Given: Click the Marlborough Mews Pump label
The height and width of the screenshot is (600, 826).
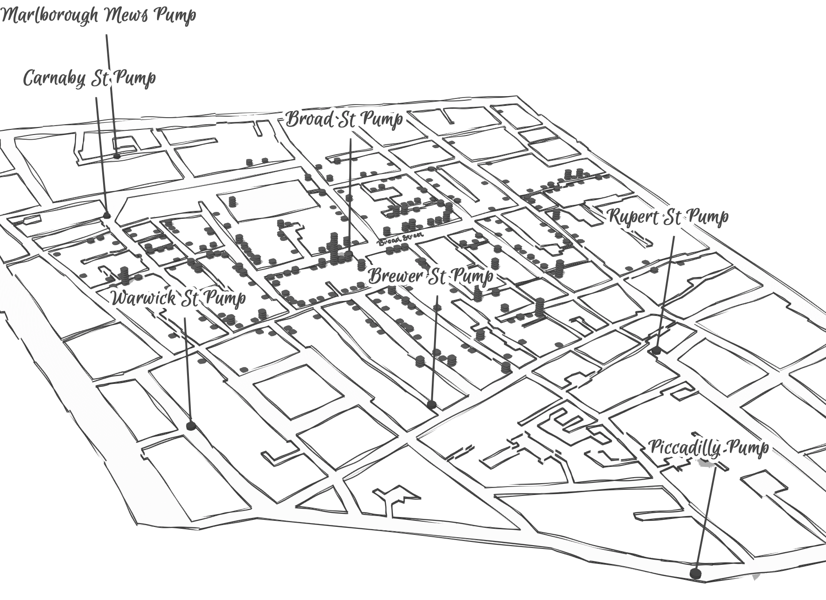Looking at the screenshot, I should (x=98, y=15).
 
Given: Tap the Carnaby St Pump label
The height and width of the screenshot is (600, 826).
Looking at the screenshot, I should (x=89, y=78).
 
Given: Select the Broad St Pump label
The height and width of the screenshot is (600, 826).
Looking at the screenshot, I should (x=344, y=119).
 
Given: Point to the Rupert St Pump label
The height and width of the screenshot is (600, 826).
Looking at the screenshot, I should (x=668, y=217).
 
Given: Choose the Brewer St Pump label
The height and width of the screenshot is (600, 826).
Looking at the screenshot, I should (x=430, y=276).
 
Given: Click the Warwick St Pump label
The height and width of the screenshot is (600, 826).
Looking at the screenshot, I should (x=178, y=298).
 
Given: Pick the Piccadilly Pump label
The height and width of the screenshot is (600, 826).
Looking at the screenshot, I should (x=708, y=447).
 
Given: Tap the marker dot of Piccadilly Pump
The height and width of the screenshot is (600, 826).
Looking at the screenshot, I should (x=696, y=573).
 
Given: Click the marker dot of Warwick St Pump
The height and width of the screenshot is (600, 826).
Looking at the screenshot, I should (x=190, y=426).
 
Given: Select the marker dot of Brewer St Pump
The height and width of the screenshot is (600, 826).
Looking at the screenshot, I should (x=432, y=404).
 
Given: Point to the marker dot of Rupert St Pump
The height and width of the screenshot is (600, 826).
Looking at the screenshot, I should (x=656, y=350).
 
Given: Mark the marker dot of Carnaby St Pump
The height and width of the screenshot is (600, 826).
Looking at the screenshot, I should (x=107, y=215).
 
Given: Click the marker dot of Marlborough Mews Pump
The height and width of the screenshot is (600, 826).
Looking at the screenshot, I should (x=117, y=156).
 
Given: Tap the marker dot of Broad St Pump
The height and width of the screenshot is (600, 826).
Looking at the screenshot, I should (x=348, y=255).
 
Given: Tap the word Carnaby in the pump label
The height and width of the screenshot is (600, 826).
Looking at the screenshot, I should (x=54, y=78).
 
